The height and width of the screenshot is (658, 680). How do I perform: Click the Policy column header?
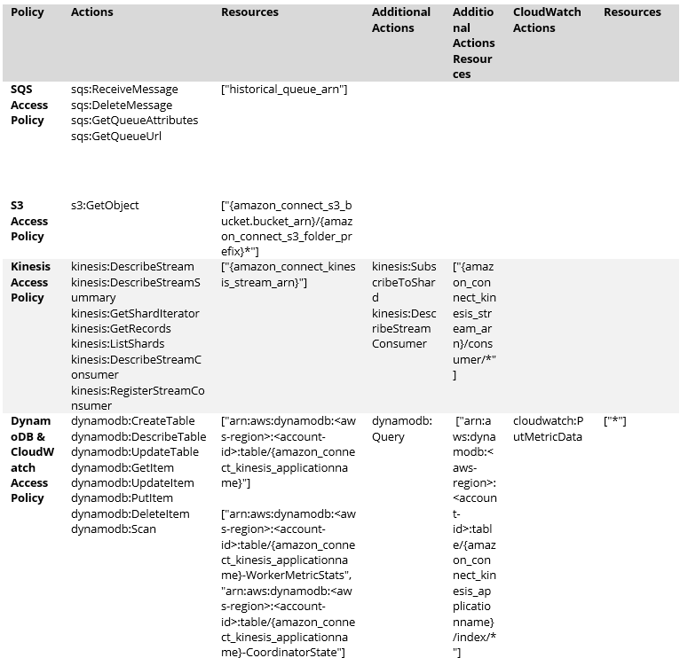pyautogui.click(x=28, y=12)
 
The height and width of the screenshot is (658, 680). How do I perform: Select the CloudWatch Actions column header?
pyautogui.click(x=547, y=20)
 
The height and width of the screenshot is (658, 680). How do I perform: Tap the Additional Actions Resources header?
pyautogui.click(x=473, y=43)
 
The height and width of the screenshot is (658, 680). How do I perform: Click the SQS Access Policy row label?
pyautogui.click(x=29, y=105)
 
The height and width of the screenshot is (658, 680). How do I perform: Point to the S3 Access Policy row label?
pyautogui.click(x=29, y=221)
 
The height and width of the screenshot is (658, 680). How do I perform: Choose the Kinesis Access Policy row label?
pyautogui.click(x=30, y=282)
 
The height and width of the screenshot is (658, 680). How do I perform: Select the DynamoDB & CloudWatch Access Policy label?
pyautogui.click(x=30, y=459)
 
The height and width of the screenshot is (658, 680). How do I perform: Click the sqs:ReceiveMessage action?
pyautogui.click(x=124, y=90)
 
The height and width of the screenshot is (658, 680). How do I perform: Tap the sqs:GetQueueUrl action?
pyautogui.click(x=116, y=136)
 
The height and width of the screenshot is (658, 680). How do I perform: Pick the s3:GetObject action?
pyautogui.click(x=105, y=206)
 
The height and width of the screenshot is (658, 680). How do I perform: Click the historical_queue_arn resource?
pyautogui.click(x=284, y=90)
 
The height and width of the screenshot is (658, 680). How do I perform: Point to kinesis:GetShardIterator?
pyautogui.click(x=135, y=313)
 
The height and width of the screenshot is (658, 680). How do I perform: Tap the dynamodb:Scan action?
pyautogui.click(x=114, y=529)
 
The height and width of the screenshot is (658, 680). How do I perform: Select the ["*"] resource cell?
pyautogui.click(x=615, y=421)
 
